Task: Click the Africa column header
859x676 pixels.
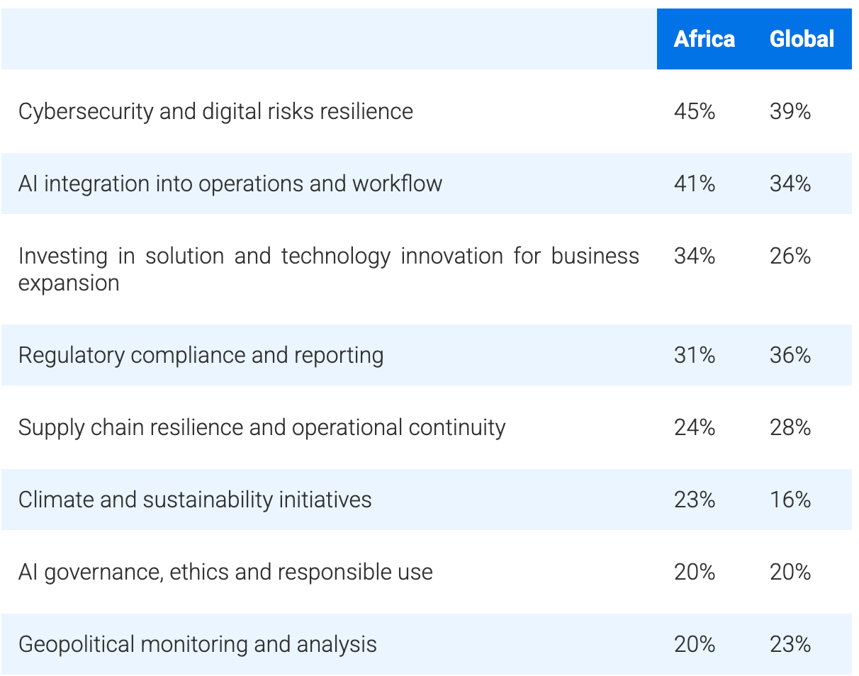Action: tap(704, 39)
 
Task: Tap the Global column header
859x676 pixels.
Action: tap(802, 39)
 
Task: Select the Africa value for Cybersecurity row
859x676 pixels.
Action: tap(695, 111)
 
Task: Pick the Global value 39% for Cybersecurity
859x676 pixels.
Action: tap(790, 111)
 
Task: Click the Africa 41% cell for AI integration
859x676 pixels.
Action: tap(695, 184)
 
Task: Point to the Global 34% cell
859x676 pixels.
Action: tap(790, 184)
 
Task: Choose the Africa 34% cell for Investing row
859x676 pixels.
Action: tap(695, 256)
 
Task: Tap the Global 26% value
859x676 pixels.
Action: tap(790, 256)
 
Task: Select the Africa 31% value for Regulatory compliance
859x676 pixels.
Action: tap(695, 355)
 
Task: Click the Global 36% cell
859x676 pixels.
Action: tap(790, 355)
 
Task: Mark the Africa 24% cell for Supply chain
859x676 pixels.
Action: tap(695, 427)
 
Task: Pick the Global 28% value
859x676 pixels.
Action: tap(790, 427)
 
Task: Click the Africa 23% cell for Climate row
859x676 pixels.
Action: tap(695, 500)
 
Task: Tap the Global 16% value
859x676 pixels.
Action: tap(790, 500)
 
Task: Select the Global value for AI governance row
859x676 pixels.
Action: tap(790, 572)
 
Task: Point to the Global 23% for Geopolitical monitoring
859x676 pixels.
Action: tap(790, 644)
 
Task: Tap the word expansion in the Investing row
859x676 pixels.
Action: tap(69, 283)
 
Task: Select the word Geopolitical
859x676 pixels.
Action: tap(76, 645)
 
